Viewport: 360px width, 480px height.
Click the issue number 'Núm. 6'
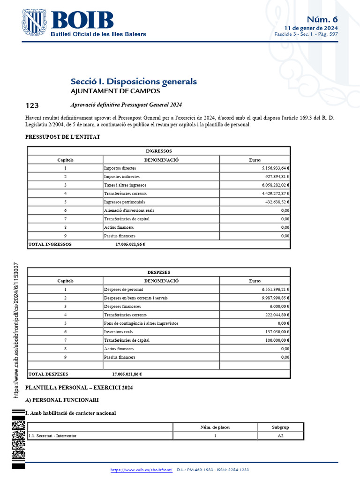(322, 19)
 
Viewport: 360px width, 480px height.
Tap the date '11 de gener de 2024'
(314, 28)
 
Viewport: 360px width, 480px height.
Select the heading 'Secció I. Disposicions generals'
(134, 82)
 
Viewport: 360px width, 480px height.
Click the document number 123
(32, 105)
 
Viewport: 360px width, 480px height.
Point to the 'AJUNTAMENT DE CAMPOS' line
(109, 91)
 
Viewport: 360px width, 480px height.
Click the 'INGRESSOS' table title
(159, 151)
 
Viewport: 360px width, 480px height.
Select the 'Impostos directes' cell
(120, 168)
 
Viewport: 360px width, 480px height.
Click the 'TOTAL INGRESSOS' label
(50, 244)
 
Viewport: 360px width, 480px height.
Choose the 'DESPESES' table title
(159, 272)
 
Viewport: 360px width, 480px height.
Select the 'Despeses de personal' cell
(124, 289)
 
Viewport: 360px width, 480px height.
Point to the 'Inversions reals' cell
(119, 332)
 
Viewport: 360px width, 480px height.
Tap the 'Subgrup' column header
(280, 427)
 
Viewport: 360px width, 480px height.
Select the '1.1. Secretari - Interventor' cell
(53, 435)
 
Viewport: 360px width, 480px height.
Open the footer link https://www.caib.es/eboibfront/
(142, 470)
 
